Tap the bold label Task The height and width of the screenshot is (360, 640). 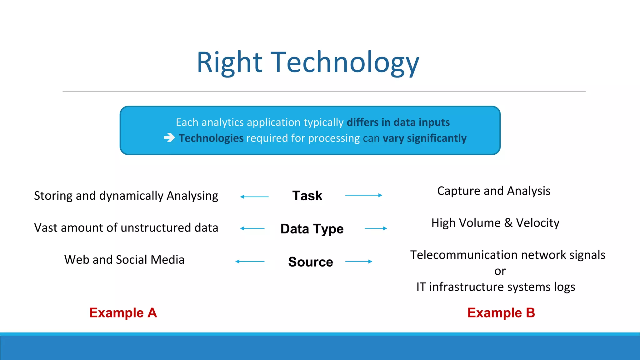[307, 196]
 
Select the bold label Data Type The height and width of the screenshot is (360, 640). [312, 229]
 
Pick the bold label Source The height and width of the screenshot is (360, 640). [310, 262]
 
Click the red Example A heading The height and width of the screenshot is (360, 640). [123, 313]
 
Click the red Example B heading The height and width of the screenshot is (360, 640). [501, 313]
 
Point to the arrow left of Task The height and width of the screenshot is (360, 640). [254, 197]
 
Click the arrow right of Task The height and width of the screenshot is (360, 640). [363, 195]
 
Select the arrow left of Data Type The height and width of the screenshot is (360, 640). [252, 228]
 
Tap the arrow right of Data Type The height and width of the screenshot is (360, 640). [376, 228]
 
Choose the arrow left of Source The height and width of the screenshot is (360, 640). [250, 262]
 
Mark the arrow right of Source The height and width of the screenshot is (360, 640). [358, 262]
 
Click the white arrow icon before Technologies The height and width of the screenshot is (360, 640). [169, 137]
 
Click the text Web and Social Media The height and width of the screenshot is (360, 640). [124, 260]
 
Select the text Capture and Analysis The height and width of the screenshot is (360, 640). [494, 191]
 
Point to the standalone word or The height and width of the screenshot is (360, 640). [500, 271]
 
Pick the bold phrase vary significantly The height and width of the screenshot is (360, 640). [424, 138]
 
